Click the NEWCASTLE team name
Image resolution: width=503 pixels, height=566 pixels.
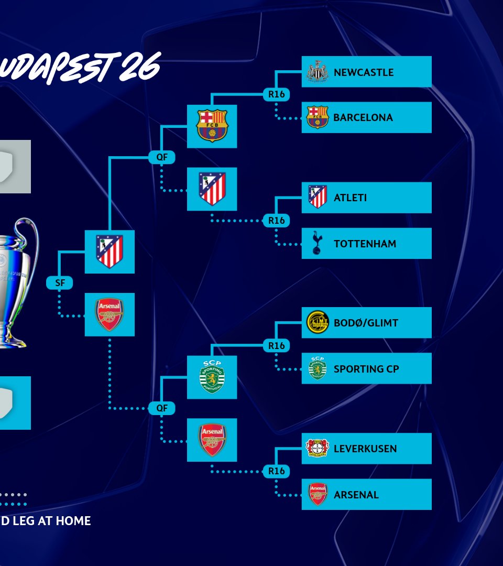pyautogui.click(x=363, y=72)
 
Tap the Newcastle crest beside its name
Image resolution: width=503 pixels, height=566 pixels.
pyautogui.click(x=317, y=72)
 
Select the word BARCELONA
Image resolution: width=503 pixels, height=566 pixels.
pyautogui.click(x=363, y=117)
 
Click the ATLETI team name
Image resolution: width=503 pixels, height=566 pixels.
pyautogui.click(x=350, y=198)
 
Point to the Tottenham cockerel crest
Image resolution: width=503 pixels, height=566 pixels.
pyautogui.click(x=317, y=243)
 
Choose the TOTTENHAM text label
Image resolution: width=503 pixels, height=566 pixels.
pyautogui.click(x=365, y=244)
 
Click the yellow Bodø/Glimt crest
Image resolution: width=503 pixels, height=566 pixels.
pyautogui.click(x=317, y=322)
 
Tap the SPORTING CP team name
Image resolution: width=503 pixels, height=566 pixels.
pyautogui.click(x=366, y=369)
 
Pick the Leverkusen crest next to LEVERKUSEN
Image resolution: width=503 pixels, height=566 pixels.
pyautogui.click(x=317, y=448)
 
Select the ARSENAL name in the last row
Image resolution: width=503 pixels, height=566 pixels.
pyautogui.click(x=356, y=495)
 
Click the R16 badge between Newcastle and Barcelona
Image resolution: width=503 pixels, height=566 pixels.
pyautogui.click(x=276, y=94)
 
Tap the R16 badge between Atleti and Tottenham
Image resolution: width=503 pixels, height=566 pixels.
pyautogui.click(x=276, y=220)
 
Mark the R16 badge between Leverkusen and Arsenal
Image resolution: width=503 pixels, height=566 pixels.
pyautogui.click(x=276, y=471)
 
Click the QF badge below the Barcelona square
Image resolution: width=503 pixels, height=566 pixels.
pyautogui.click(x=161, y=157)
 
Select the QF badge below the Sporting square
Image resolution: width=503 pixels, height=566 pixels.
pyautogui.click(x=161, y=408)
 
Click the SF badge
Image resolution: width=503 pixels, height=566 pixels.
pyautogui.click(x=59, y=283)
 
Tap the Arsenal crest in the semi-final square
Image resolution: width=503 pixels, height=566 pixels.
pyautogui.click(x=110, y=314)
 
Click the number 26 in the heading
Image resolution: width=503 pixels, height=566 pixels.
pyautogui.click(x=138, y=68)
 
